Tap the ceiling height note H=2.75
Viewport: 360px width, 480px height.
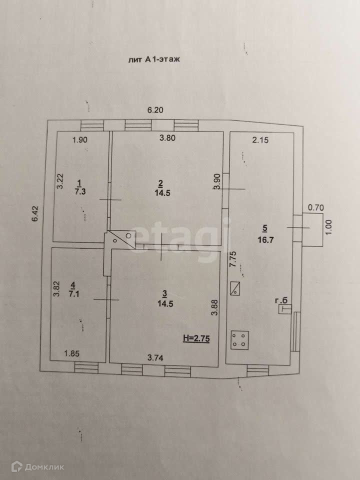(x=195, y=338)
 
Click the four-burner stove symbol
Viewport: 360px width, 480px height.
(x=238, y=339)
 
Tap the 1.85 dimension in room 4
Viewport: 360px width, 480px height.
(x=72, y=354)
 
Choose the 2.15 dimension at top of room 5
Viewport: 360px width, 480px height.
(x=260, y=140)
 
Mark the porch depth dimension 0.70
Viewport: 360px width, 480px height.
(x=316, y=206)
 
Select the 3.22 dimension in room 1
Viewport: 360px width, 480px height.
(x=59, y=180)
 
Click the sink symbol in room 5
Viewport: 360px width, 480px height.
(x=235, y=288)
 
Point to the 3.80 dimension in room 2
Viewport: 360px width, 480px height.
(x=166, y=139)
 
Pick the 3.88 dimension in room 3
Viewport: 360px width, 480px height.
(x=214, y=306)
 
